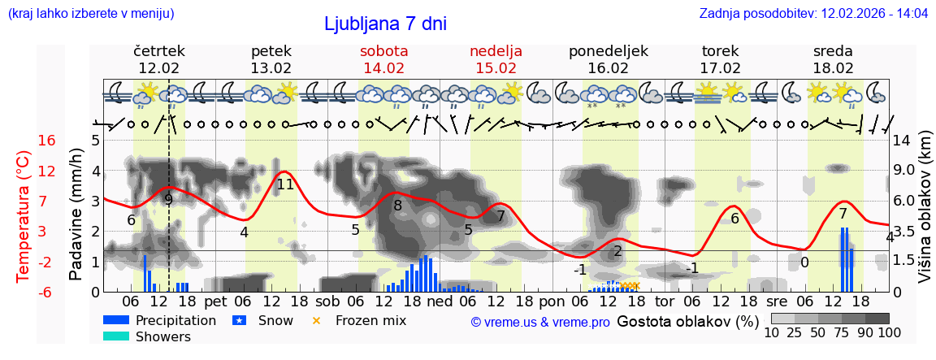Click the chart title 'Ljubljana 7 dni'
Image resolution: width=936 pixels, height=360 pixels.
pyautogui.click(x=385, y=24)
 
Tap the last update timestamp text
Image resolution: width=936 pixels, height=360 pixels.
pyautogui.click(x=813, y=13)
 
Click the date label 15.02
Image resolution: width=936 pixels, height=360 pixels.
pyautogui.click(x=496, y=68)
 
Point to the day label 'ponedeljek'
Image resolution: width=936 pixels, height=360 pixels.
pyautogui.click(x=608, y=51)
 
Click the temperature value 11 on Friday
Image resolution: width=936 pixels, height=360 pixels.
pyautogui.click(x=284, y=184)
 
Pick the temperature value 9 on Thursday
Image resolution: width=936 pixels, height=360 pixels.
pyautogui.click(x=168, y=199)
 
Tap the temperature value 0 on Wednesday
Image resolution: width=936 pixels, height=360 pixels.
pyautogui.click(x=804, y=262)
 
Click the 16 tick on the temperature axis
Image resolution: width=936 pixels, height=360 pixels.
pyautogui.click(x=46, y=141)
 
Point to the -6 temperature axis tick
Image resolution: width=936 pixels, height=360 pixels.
pyautogui.click(x=46, y=292)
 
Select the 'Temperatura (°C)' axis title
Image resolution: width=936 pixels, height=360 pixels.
pyautogui.click(x=24, y=215)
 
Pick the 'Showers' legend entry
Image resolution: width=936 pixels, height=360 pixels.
pyautogui.click(x=163, y=336)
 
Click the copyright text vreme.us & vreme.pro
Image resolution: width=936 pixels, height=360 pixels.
pyautogui.click(x=540, y=322)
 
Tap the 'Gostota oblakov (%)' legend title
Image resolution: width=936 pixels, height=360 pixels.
pyautogui.click(x=687, y=321)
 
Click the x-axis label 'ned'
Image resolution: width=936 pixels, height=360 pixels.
pyautogui.click(x=440, y=301)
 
